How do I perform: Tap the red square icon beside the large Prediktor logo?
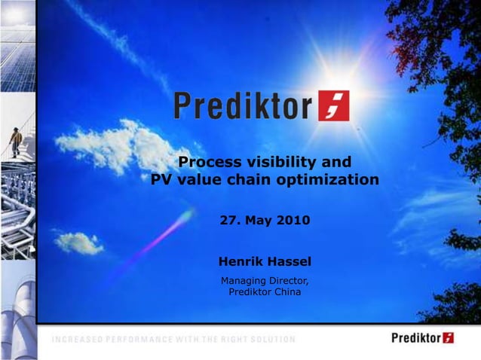point(333,106)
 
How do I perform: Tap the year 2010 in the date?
point(293,221)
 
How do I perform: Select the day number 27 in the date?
point(228,221)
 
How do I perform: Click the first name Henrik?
point(240,261)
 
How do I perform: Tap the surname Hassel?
point(289,261)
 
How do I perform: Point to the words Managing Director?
point(264,281)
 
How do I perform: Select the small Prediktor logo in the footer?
point(422,337)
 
